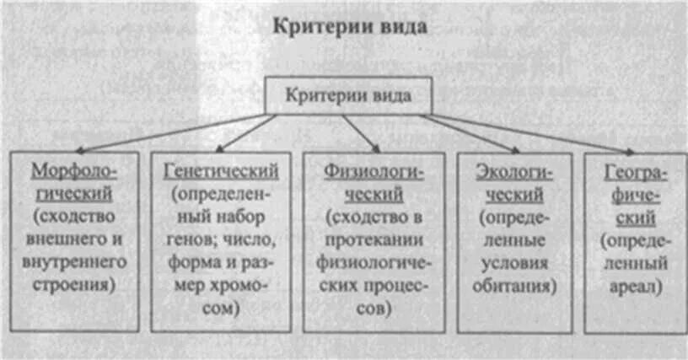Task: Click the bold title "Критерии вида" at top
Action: click(x=348, y=25)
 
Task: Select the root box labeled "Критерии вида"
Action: click(x=349, y=95)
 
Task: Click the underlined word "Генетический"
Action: click(x=221, y=171)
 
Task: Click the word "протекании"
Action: click(x=374, y=239)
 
